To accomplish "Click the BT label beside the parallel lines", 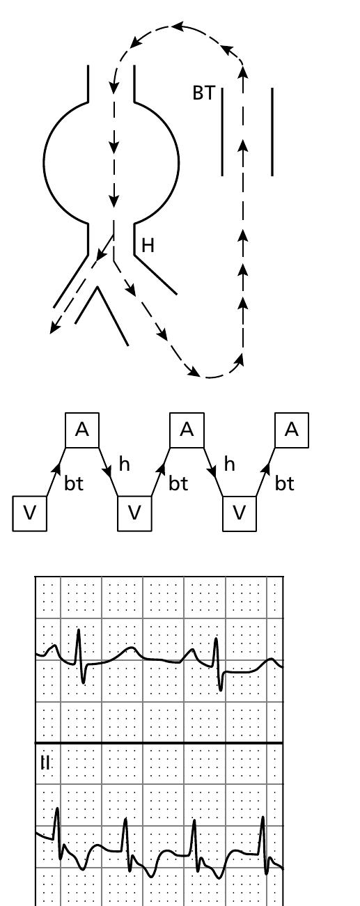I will click(203, 93).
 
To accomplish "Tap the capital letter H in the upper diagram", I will click(148, 245).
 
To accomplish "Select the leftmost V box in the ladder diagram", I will click(30, 513).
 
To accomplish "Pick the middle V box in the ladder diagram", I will click(134, 513).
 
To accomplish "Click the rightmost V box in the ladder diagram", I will click(239, 513).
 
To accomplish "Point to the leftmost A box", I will click(82, 430).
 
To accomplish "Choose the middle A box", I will click(187, 430).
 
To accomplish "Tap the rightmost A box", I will click(292, 430).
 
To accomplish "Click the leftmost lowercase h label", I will click(125, 464).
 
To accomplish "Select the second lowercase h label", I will click(230, 464).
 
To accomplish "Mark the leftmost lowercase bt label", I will click(74, 484).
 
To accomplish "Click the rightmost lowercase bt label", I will click(284, 484).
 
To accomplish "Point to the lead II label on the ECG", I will click(46, 763).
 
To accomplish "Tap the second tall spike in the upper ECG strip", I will click(217, 641).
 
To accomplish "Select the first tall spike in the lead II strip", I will click(57, 809).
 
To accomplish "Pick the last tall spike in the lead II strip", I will click(263, 819).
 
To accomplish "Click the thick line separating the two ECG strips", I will click(159, 743).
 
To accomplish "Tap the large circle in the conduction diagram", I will click(111, 164).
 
